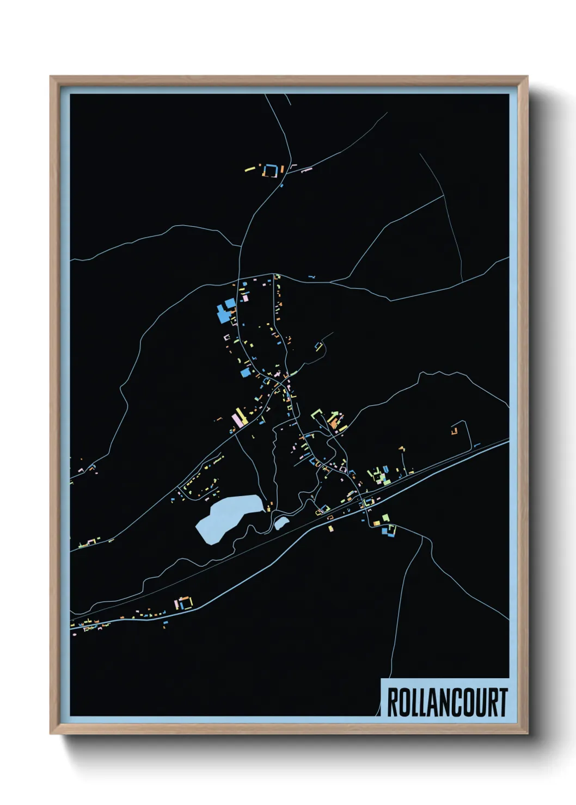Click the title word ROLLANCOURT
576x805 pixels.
click(x=446, y=702)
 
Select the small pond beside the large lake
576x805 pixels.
click(x=281, y=523)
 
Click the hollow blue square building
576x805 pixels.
click(x=271, y=171)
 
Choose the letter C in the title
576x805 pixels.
click(x=458, y=702)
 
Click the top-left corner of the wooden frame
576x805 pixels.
click(x=51, y=77)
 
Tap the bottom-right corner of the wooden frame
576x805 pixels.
click(x=526, y=733)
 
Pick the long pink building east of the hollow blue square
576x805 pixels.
click(x=307, y=170)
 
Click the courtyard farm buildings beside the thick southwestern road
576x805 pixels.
click(x=185, y=603)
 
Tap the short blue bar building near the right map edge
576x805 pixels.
click(x=477, y=445)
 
